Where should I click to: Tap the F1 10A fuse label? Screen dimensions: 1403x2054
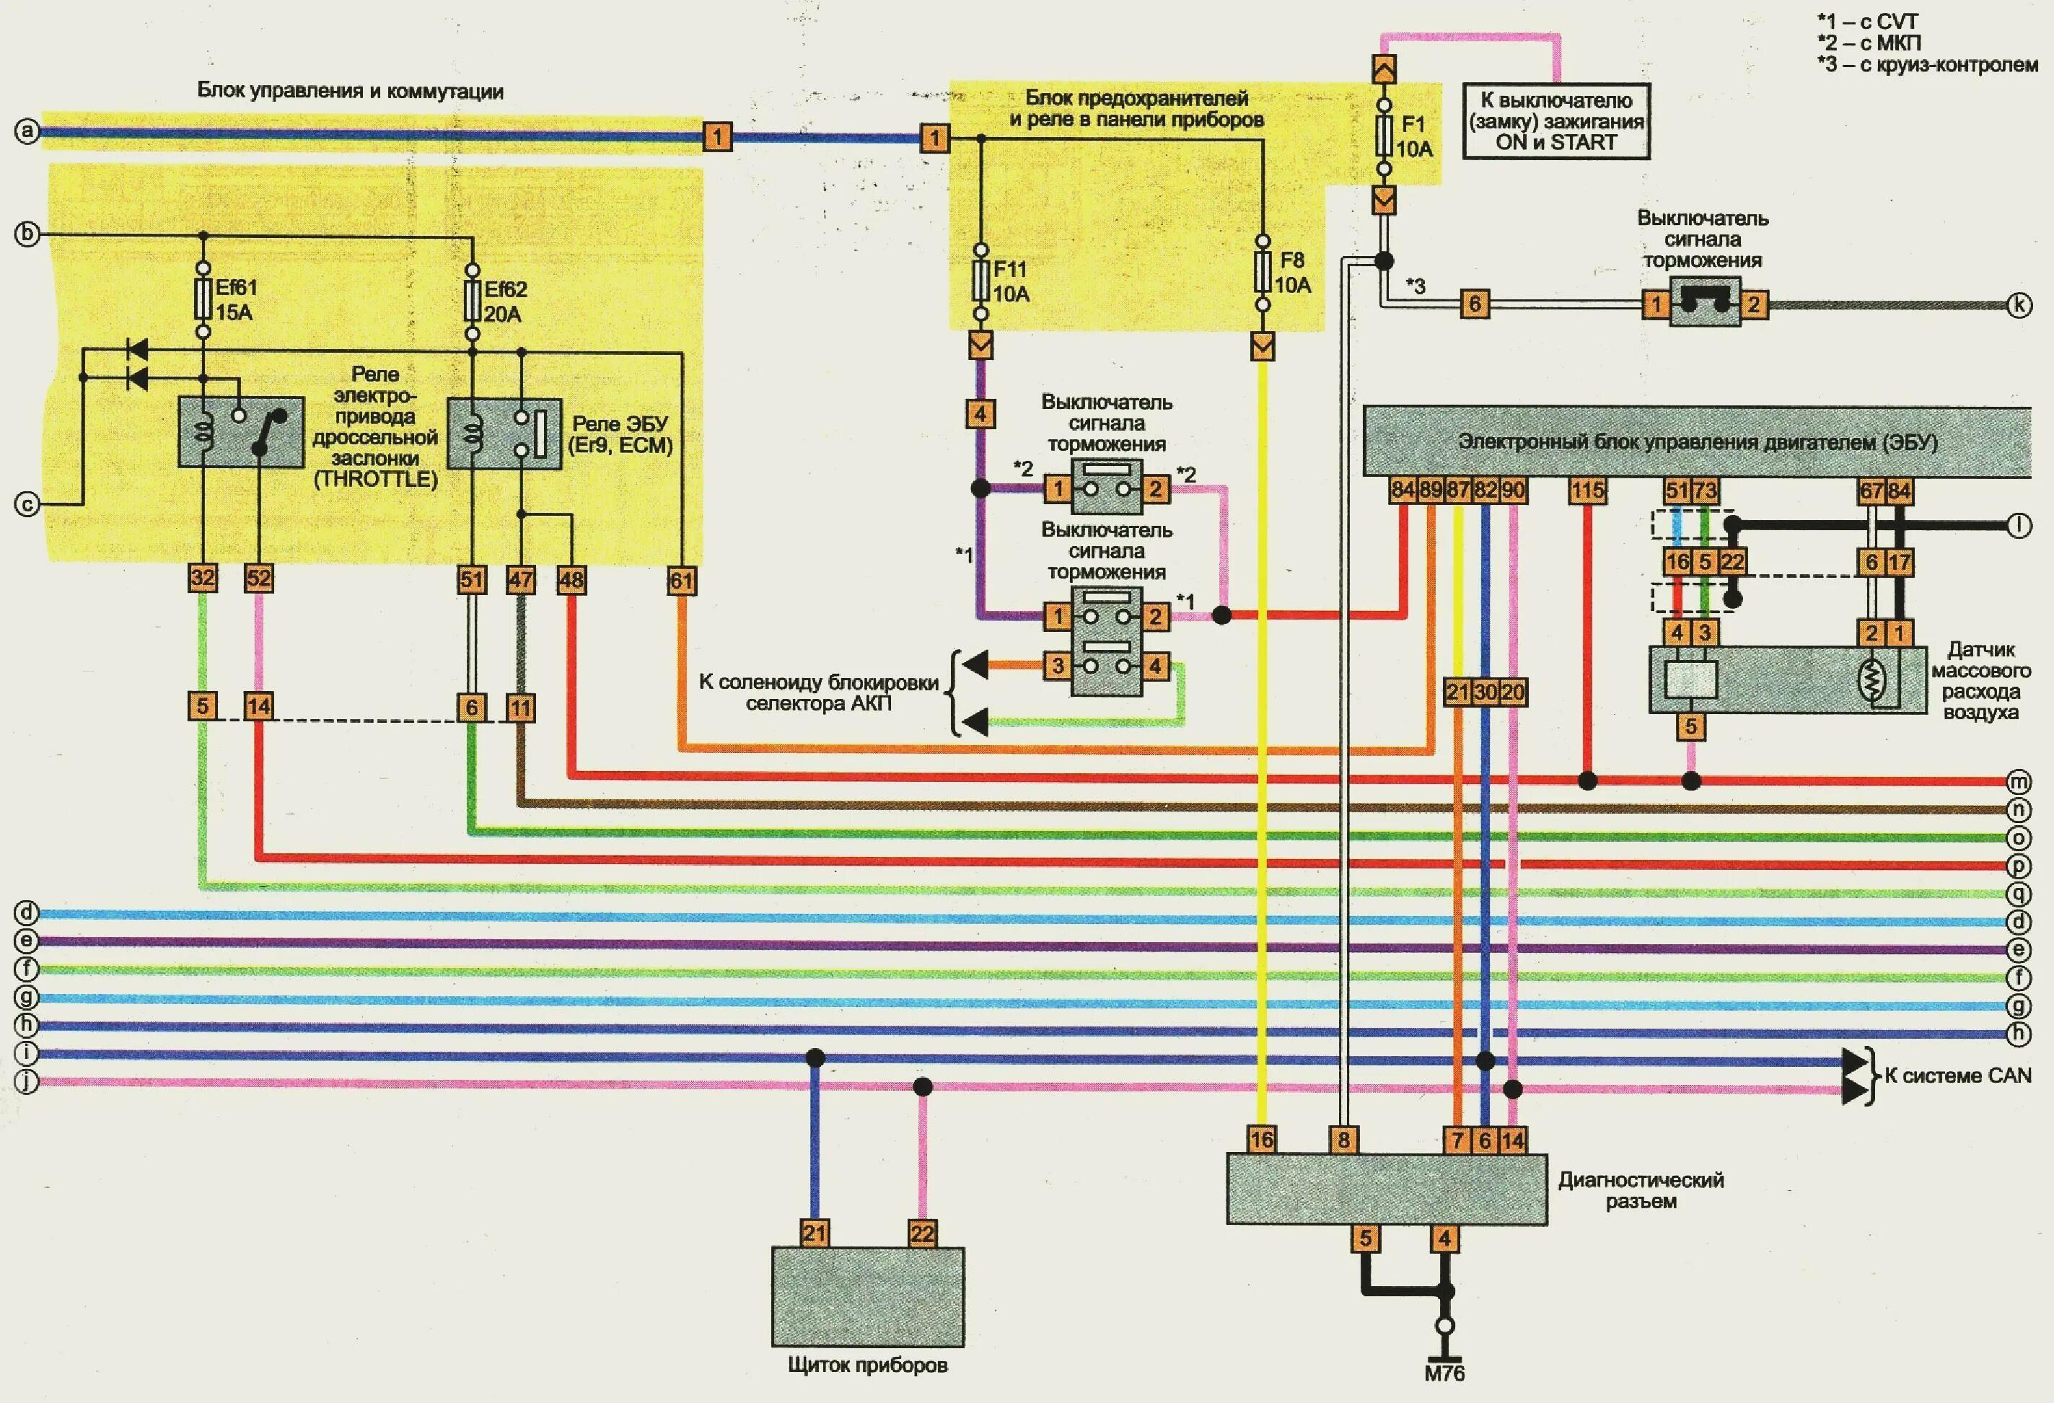(1414, 137)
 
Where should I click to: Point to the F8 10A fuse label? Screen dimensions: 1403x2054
(1292, 272)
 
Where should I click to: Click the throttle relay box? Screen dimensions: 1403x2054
(241, 432)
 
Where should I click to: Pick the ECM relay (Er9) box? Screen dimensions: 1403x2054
(504, 433)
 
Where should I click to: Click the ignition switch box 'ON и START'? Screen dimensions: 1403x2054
(1555, 121)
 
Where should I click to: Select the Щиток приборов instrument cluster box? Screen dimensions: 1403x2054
(867, 1296)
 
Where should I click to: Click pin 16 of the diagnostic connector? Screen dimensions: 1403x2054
(1261, 1140)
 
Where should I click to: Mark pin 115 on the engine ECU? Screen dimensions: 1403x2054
(1587, 491)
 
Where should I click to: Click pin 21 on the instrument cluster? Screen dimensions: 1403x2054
(814, 1233)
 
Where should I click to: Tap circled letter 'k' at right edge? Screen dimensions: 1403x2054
(2019, 306)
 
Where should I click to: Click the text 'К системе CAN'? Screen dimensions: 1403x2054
(1957, 1076)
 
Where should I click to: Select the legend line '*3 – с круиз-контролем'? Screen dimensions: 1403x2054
(1927, 63)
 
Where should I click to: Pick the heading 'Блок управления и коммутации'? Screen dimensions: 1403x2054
(350, 91)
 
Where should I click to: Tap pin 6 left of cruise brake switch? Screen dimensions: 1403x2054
(1474, 304)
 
